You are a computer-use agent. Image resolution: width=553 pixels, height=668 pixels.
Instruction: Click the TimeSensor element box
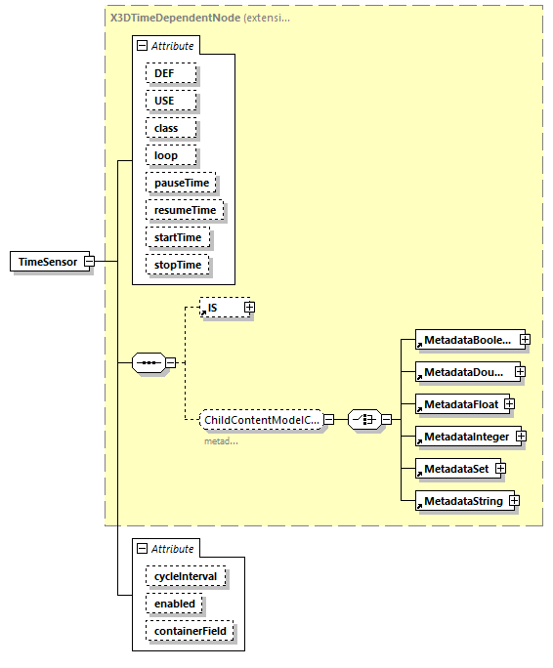[x=47, y=262]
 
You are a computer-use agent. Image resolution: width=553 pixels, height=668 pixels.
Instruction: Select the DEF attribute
[x=171, y=73]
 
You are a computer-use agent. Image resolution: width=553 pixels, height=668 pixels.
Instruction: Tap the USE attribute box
[x=171, y=101]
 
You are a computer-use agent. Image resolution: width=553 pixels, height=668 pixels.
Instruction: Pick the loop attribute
[x=172, y=155]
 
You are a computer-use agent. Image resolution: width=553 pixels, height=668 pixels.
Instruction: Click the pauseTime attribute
[x=181, y=183]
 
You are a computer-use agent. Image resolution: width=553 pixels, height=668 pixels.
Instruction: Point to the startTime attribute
[x=178, y=237]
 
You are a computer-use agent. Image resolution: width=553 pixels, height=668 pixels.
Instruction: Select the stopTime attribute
[x=177, y=265]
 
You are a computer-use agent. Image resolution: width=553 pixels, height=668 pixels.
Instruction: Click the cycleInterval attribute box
[x=186, y=576]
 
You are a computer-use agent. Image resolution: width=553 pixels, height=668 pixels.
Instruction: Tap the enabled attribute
[x=175, y=604]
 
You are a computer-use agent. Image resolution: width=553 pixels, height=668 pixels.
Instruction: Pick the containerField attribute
[x=190, y=631]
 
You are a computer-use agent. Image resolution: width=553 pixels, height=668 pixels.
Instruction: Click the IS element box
[x=220, y=308]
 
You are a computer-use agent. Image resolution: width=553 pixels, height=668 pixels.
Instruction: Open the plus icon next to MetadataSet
[x=500, y=469]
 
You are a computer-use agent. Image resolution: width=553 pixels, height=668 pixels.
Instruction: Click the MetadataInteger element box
[x=466, y=437]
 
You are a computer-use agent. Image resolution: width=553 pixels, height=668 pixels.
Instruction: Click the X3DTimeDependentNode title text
[x=172, y=17]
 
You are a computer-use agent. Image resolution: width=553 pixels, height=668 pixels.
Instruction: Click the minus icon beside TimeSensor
[x=89, y=262]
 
